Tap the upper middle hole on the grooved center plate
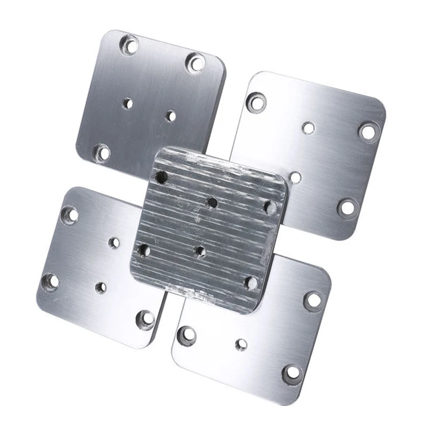click(212, 203)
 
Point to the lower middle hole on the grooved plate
click(200, 250)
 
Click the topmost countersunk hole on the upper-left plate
click(129, 43)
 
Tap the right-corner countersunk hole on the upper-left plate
click(195, 63)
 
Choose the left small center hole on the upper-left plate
click(127, 103)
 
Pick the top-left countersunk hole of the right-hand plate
click(257, 102)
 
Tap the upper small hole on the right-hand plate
click(308, 127)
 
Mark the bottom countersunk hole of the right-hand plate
click(347, 207)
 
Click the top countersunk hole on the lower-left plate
click(70, 215)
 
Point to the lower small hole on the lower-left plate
click(101, 287)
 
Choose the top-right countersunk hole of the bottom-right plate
click(313, 300)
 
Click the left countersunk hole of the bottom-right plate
click(187, 334)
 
